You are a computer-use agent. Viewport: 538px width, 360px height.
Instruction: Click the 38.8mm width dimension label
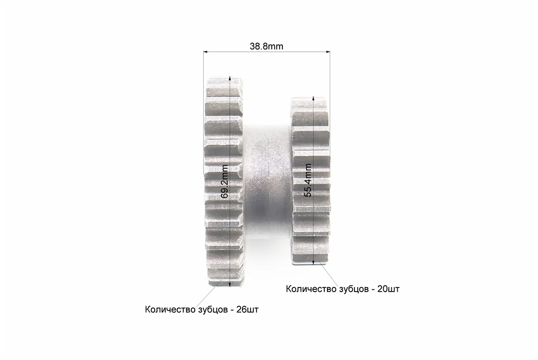pyautogui.click(x=266, y=46)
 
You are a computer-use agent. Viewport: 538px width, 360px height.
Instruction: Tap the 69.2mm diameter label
pyautogui.click(x=224, y=181)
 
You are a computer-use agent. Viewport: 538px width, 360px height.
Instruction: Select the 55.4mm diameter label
pyautogui.click(x=308, y=180)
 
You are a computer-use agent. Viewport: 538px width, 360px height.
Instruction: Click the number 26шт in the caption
pyautogui.click(x=248, y=310)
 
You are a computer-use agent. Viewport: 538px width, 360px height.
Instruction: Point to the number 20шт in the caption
pyautogui.click(x=388, y=289)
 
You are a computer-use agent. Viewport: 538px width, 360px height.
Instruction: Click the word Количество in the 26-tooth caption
pyautogui.click(x=170, y=310)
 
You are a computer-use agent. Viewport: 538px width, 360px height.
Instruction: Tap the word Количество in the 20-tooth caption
pyautogui.click(x=311, y=289)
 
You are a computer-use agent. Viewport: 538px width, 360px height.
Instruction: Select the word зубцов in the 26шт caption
pyautogui.click(x=213, y=310)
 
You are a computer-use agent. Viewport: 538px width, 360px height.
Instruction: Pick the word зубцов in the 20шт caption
pyautogui.click(x=354, y=289)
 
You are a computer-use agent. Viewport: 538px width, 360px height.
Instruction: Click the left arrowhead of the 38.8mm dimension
pyautogui.click(x=206, y=52)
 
